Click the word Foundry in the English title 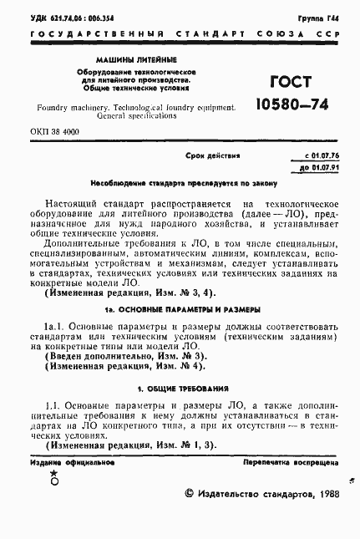click(x=56, y=109)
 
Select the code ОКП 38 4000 click(x=53, y=133)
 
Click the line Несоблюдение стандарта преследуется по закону click(x=180, y=182)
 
